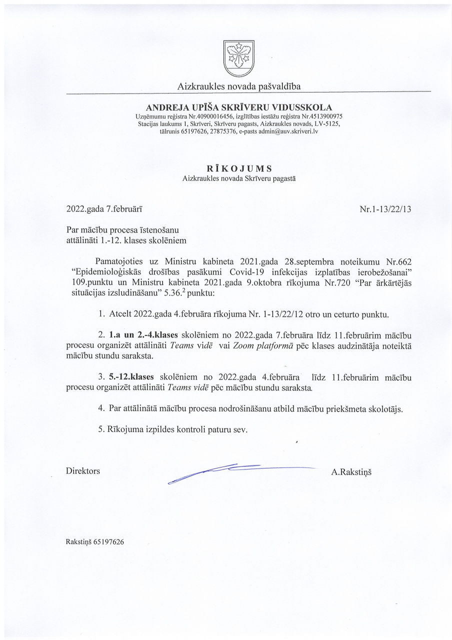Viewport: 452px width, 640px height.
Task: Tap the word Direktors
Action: point(83,470)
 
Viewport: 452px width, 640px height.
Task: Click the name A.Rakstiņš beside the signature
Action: point(351,470)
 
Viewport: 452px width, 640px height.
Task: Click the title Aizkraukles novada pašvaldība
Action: point(239,87)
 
